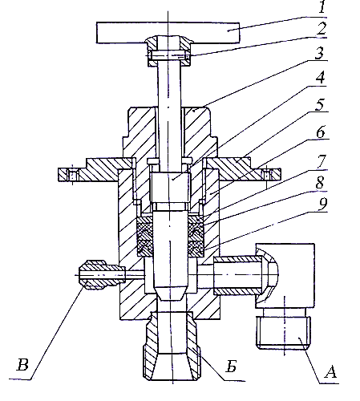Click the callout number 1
[x=322, y=6]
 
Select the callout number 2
[x=321, y=29]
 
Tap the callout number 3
[x=319, y=53]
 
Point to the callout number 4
[x=320, y=78]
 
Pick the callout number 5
[x=320, y=104]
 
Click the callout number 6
[x=321, y=132]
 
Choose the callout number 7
[x=322, y=161]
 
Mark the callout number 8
[x=320, y=183]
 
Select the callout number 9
[x=323, y=205]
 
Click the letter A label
[x=330, y=372]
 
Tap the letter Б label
[x=231, y=366]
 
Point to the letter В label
[x=22, y=365]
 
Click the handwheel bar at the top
[x=168, y=33]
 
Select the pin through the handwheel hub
[x=168, y=55]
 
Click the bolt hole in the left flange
[x=73, y=175]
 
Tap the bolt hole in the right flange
[x=266, y=175]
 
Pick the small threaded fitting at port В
[x=102, y=275]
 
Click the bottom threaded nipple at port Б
[x=170, y=346]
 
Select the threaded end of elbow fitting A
[x=283, y=333]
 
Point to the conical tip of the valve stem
[x=169, y=294]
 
